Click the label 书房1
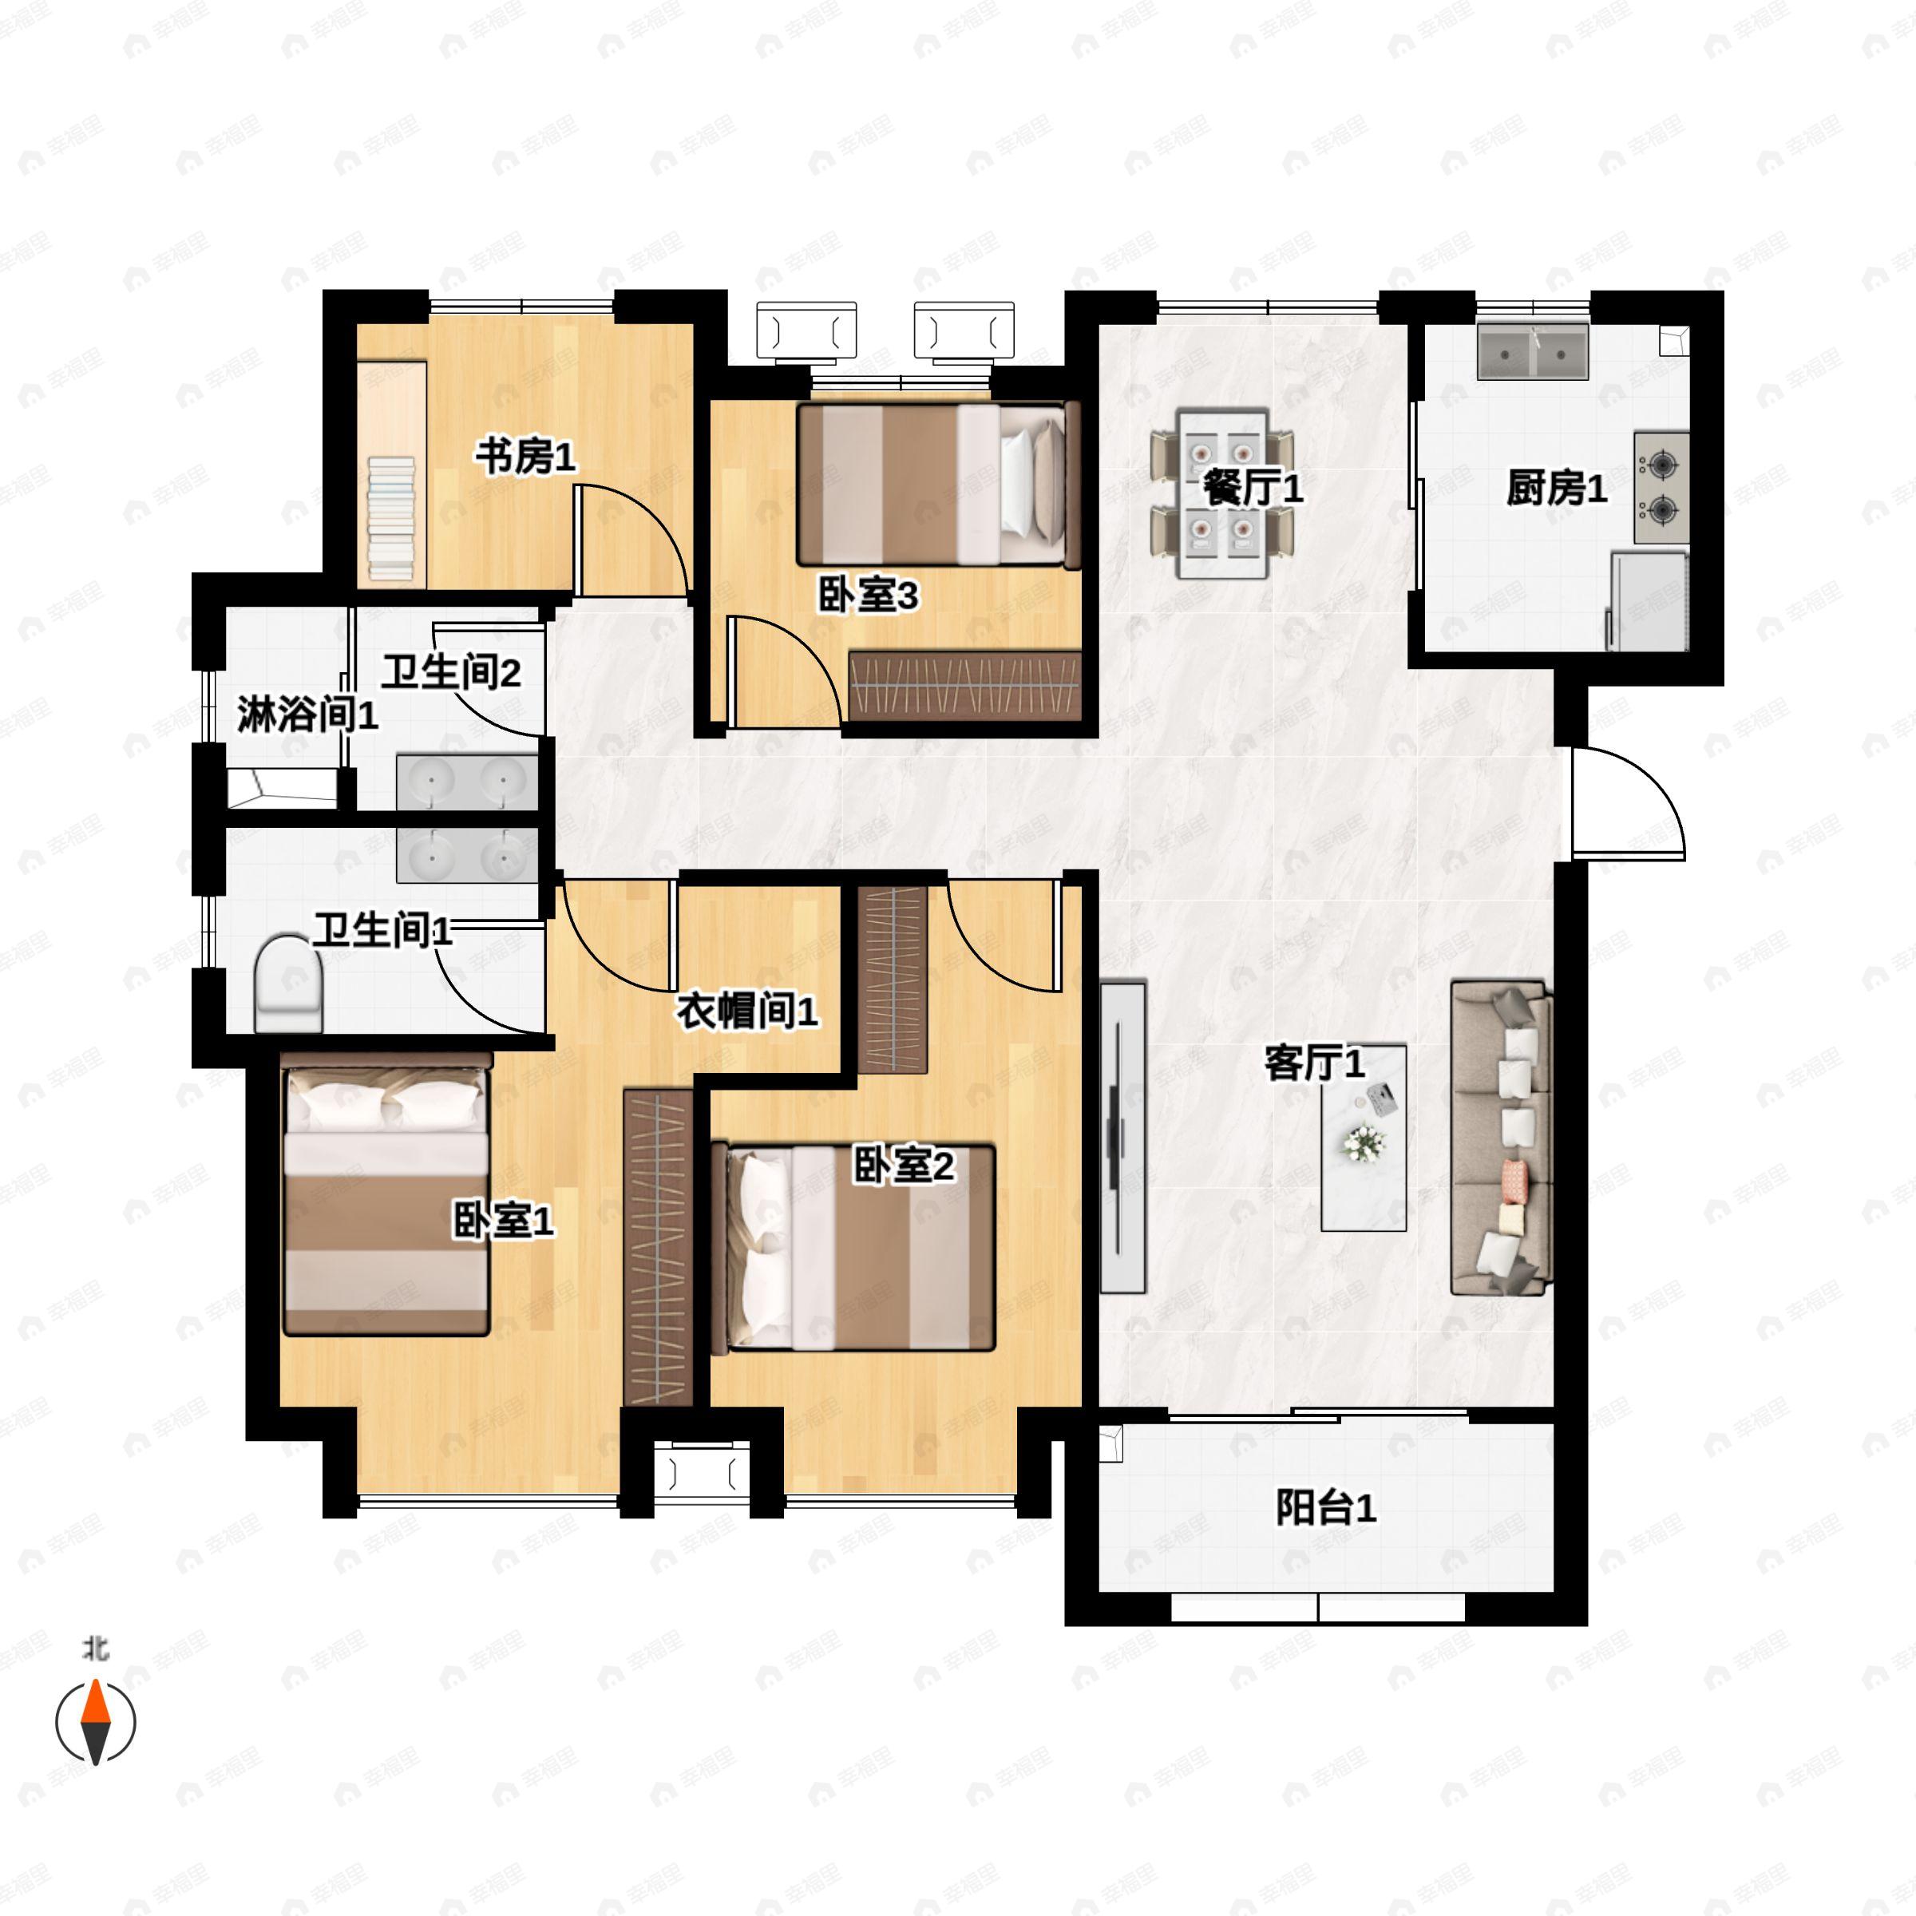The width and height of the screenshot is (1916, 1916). point(525,458)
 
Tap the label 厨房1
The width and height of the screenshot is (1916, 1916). point(1555,489)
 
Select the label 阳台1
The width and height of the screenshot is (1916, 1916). point(1325,1508)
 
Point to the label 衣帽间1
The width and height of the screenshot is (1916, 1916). point(746,1011)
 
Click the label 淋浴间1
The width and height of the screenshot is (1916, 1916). point(307,715)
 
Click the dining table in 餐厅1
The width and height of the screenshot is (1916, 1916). point(1223,493)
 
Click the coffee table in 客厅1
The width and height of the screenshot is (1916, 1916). point(1364,1138)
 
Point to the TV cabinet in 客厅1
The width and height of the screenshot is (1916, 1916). point(1122,1137)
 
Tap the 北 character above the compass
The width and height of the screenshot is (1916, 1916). point(95,1649)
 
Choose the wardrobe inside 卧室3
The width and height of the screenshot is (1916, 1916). point(964,685)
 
